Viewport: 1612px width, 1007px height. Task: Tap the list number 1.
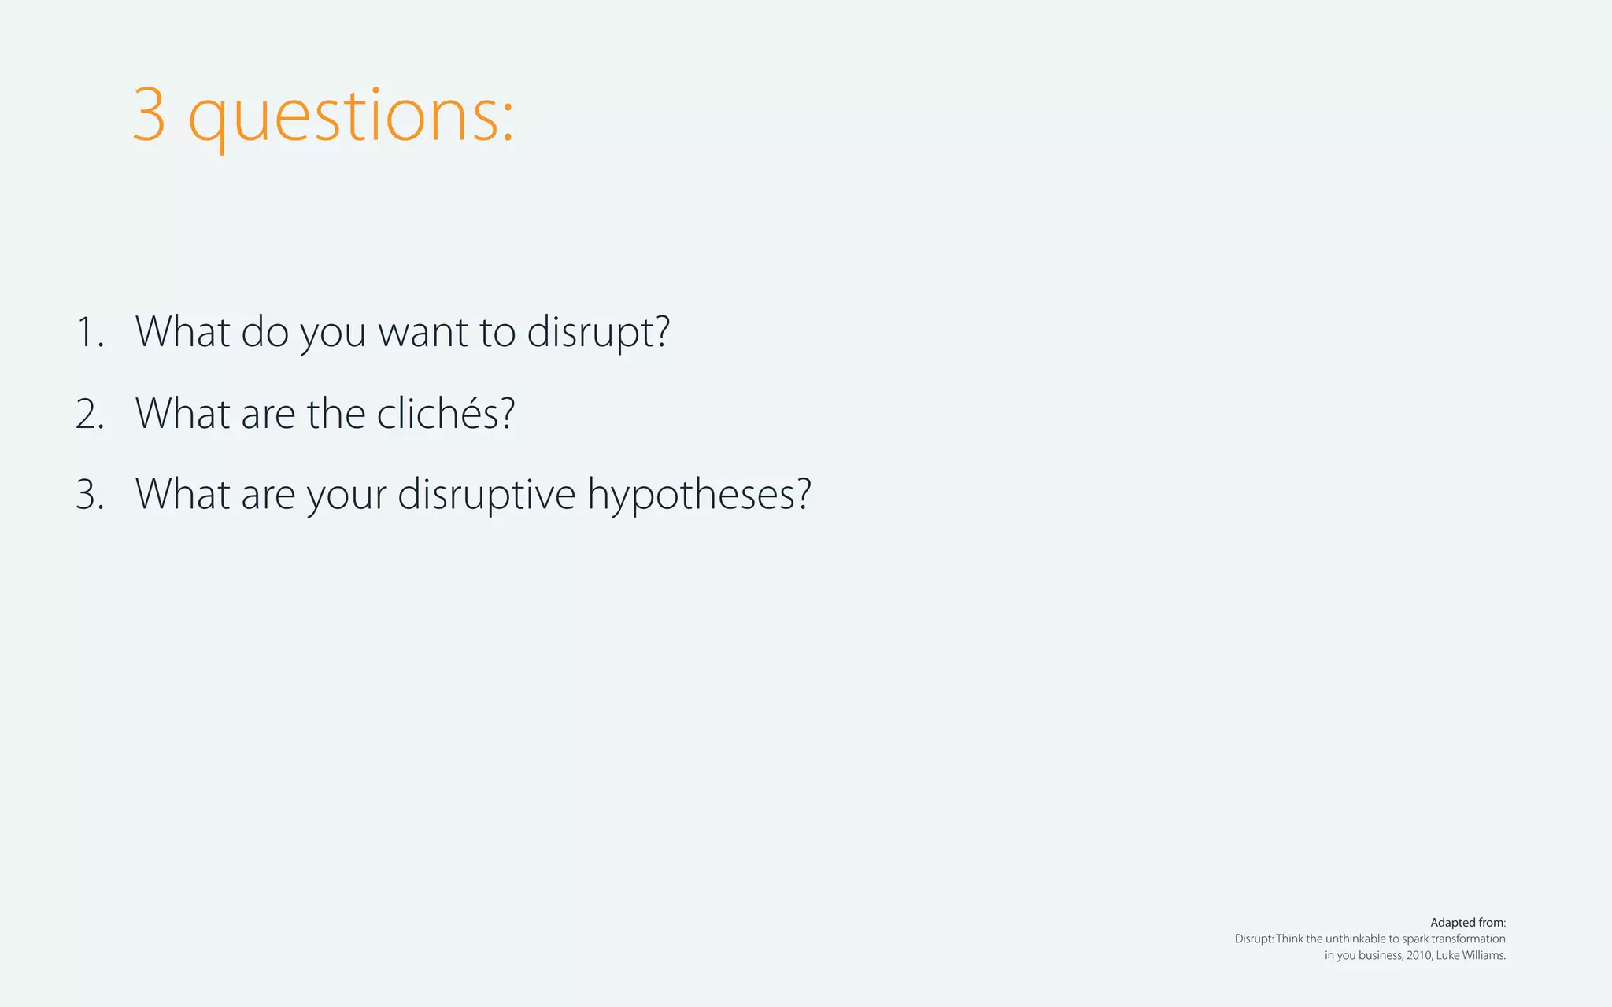coord(89,332)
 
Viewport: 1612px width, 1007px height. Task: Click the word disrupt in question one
coord(597,332)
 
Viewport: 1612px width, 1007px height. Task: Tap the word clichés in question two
coord(446,413)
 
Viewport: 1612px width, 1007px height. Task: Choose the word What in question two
coord(183,413)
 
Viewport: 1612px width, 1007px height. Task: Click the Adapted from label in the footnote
coord(1467,923)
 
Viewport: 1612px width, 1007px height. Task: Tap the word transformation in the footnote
coord(1469,939)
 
